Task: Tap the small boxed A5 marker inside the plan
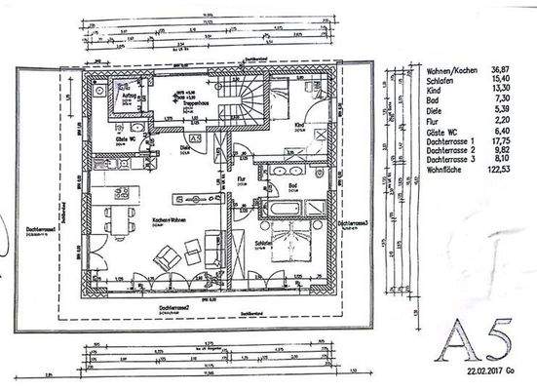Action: coord(194,140)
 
